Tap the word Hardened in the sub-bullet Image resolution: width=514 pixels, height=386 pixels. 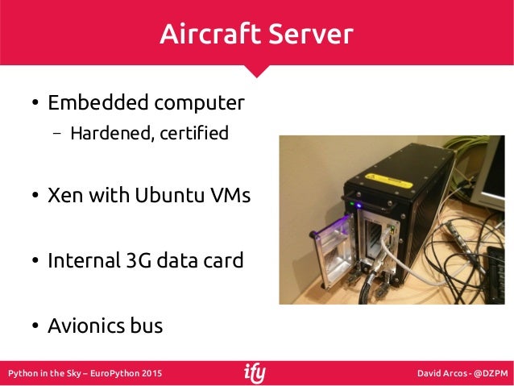coord(107,133)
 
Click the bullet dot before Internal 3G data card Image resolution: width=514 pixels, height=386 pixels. coord(35,262)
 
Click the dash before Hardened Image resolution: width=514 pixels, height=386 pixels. coord(58,134)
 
